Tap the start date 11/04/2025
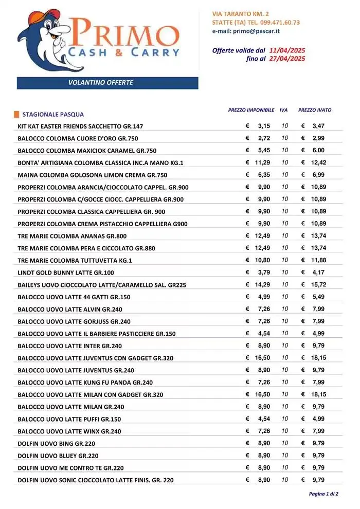point(287,50)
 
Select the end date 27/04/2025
point(287,59)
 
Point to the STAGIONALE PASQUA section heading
point(53,115)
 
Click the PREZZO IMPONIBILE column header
point(251,111)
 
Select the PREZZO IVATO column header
point(315,111)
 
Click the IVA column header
point(284,111)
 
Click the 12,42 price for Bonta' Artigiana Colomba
point(318,162)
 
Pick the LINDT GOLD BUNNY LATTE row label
point(66,272)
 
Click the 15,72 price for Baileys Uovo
point(318,284)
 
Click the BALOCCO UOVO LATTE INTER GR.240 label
point(69,346)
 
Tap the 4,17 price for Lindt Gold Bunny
point(318,272)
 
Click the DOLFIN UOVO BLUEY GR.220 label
point(58,456)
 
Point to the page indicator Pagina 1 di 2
point(323,494)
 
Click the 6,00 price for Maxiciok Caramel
point(318,150)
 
